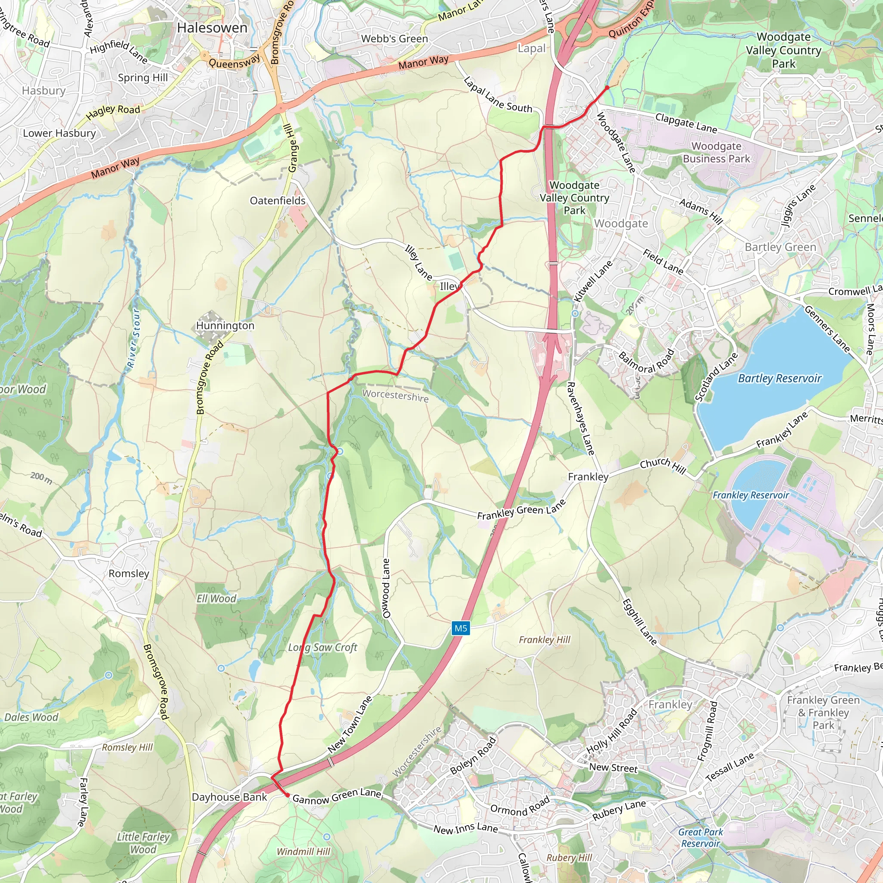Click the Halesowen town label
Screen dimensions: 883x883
coord(212,28)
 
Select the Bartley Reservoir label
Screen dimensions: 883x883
coord(780,379)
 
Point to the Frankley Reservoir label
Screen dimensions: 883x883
coord(751,495)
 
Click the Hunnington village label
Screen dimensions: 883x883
coord(225,326)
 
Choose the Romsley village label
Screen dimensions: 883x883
coord(129,573)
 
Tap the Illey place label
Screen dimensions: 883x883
coord(450,287)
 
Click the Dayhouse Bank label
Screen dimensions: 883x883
coord(229,797)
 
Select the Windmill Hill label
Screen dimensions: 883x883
coord(304,852)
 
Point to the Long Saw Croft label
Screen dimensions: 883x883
coord(323,647)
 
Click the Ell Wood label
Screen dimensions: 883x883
coord(216,599)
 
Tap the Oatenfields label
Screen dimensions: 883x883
coord(277,200)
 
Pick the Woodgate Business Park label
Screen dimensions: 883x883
coord(716,153)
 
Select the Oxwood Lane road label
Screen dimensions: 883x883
coord(386,589)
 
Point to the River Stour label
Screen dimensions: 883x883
coord(133,338)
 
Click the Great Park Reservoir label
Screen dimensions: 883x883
coord(701,838)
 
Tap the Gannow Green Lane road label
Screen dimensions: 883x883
coord(336,797)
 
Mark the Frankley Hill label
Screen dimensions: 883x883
coord(545,640)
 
